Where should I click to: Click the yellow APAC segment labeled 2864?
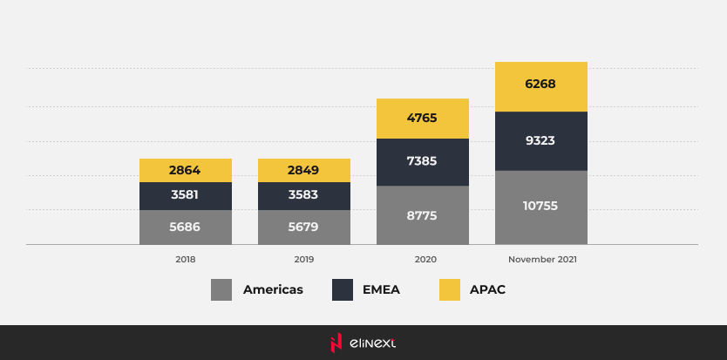pos(186,170)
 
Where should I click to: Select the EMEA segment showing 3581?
pos(186,196)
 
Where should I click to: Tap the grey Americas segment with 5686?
pos(186,227)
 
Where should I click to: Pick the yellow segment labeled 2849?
pos(304,170)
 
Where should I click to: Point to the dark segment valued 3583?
pos(304,196)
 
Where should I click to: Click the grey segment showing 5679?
pos(304,227)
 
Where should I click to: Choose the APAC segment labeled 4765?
pos(423,119)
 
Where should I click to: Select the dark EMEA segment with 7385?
pos(423,162)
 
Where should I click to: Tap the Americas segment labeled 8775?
pos(423,214)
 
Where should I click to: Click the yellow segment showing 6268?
pos(541,86)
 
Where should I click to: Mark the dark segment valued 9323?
pos(541,140)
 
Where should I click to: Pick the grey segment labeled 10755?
pos(541,207)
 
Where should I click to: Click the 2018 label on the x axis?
pos(186,259)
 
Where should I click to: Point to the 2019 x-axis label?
pos(304,259)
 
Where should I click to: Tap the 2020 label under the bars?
pos(425,259)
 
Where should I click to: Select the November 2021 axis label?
pos(542,259)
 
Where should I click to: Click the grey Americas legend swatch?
pos(221,289)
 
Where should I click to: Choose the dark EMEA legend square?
pos(343,289)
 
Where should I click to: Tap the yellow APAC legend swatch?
pos(449,289)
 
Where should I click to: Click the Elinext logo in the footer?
pos(363,343)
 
